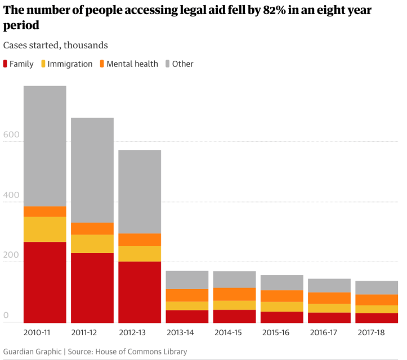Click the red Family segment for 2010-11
(x=44, y=282)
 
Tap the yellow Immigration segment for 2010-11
(x=44, y=229)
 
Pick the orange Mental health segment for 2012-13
(x=139, y=240)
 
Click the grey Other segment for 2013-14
(x=186, y=280)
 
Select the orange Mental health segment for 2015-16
(x=281, y=296)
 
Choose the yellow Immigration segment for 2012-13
(x=139, y=254)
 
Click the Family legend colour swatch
(x=6, y=64)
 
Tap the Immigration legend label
(x=70, y=64)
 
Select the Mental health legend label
(x=132, y=64)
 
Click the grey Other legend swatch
(x=168, y=64)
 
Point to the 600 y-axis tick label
(x=11, y=135)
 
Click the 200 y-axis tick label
(x=11, y=256)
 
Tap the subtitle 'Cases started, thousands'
(x=55, y=45)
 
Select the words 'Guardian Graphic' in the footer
(x=32, y=352)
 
